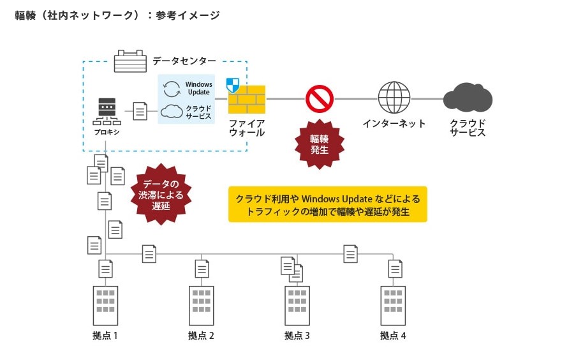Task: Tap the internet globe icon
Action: [x=394, y=98]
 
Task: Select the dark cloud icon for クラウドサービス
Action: [x=468, y=99]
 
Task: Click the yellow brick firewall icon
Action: [x=247, y=100]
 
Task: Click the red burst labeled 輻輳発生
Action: [x=319, y=144]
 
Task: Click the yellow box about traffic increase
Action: [x=327, y=205]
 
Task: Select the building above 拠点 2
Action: [x=201, y=306]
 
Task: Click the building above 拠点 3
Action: [x=297, y=306]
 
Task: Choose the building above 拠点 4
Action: [x=393, y=306]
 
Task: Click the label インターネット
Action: [x=394, y=124]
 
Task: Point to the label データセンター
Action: [x=184, y=61]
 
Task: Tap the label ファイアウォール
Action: [x=247, y=128]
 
